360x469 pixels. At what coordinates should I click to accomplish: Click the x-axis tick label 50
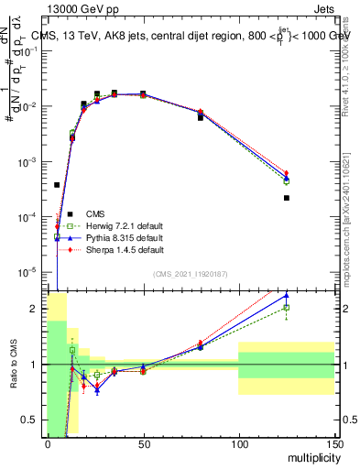pos(143,443)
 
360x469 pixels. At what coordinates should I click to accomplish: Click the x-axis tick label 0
pos(48,443)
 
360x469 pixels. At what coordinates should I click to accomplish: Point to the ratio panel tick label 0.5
pos(30,420)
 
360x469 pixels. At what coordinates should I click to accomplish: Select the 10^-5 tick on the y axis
pos(27,271)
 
